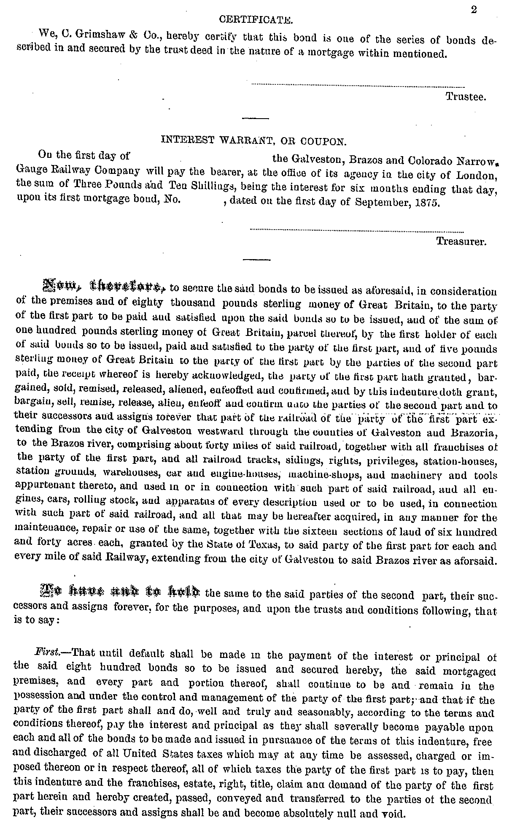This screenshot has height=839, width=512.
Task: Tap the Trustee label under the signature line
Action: pos(466,97)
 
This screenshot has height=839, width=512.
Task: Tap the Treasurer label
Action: pos(461,242)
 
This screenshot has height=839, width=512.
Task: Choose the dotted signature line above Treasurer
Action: pos(357,230)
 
